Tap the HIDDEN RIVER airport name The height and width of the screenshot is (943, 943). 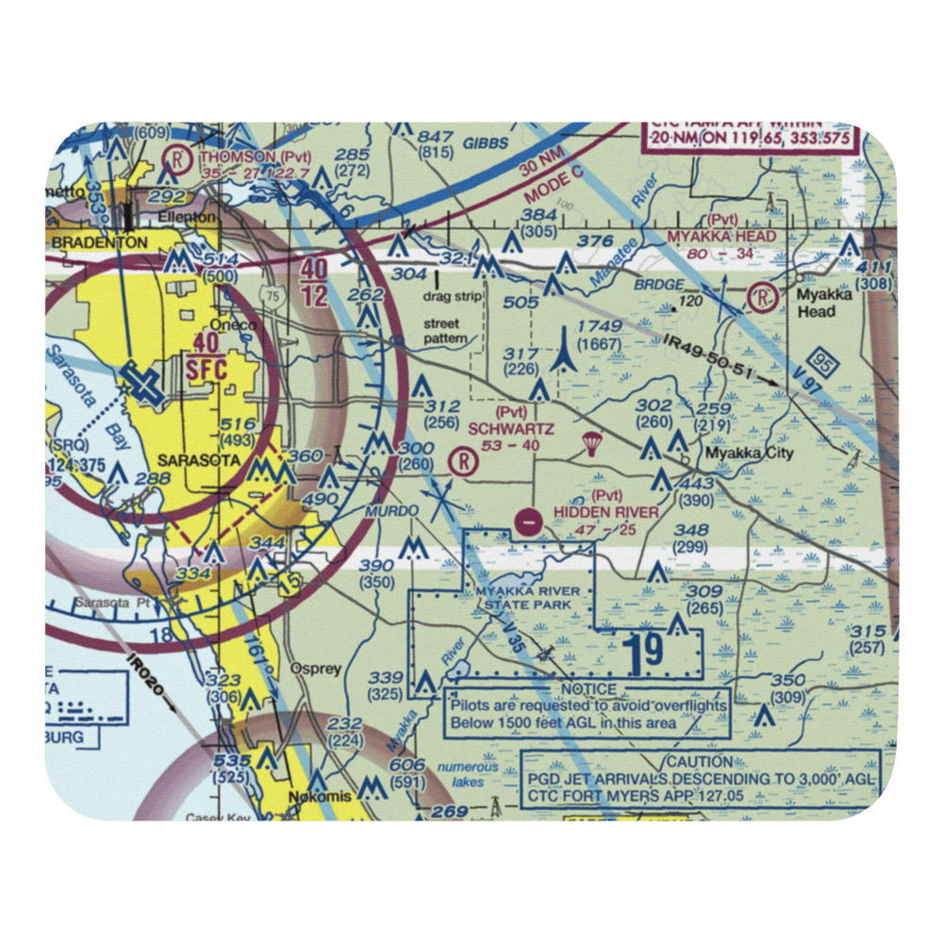606,512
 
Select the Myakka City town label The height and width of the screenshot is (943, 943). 751,454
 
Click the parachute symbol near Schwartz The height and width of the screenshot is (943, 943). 591,443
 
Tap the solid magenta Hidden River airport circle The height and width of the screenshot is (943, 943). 530,520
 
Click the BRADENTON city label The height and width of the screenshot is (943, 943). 99,242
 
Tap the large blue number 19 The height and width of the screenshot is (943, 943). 646,652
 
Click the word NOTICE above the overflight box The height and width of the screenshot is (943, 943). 587,689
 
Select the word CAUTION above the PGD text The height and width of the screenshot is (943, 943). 699,761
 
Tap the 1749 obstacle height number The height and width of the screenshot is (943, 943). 599,326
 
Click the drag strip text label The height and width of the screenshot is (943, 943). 453,296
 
